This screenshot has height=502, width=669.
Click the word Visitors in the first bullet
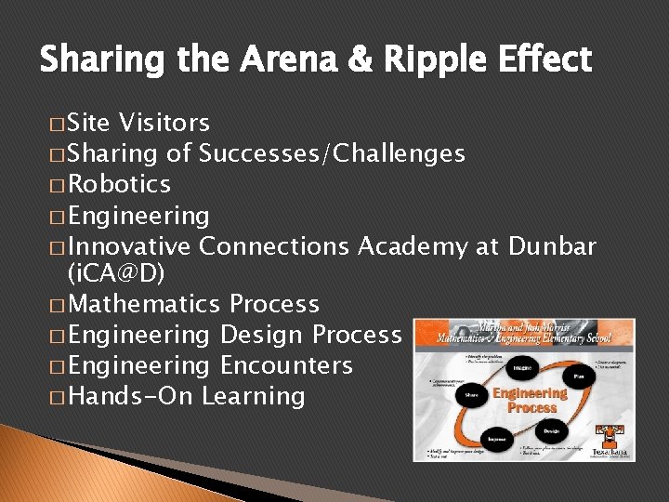pyautogui.click(x=164, y=123)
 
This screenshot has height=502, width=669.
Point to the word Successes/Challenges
pyautogui.click(x=332, y=153)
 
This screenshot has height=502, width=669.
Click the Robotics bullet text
pyautogui.click(x=119, y=184)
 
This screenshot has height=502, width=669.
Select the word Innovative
pyautogui.click(x=129, y=246)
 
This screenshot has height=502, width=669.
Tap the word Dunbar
pyautogui.click(x=552, y=246)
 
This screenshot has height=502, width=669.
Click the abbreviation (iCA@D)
pyautogui.click(x=116, y=274)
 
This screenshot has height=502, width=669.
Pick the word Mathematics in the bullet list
pyautogui.click(x=144, y=304)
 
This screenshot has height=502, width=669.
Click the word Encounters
pyautogui.click(x=286, y=365)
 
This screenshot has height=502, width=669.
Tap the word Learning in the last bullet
pyautogui.click(x=254, y=396)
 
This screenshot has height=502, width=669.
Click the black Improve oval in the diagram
pyautogui.click(x=498, y=437)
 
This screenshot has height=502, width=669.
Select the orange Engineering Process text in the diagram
pyautogui.click(x=530, y=401)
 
